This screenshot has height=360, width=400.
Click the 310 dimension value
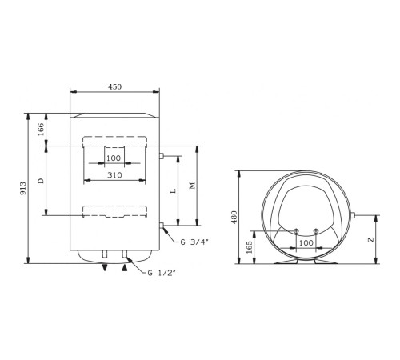(x=115, y=175)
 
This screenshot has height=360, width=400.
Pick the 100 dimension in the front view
(x=114, y=158)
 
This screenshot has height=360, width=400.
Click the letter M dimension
(x=192, y=186)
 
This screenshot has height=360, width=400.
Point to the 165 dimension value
(x=251, y=247)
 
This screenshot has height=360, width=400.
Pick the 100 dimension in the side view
(x=306, y=242)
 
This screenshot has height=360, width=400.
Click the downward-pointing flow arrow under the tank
(x=104, y=268)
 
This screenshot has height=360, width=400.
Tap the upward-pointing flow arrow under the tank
(x=124, y=268)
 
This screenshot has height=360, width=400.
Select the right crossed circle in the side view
(x=317, y=232)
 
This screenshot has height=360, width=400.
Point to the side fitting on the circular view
(x=353, y=216)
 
